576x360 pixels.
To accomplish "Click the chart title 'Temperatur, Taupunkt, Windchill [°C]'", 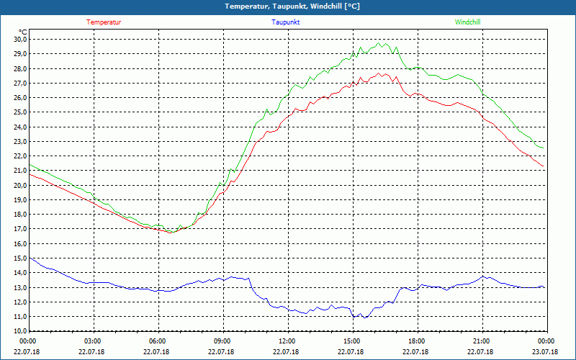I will coord(292,6).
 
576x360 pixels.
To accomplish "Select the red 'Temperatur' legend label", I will coord(104,22).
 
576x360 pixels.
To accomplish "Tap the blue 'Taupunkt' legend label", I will coord(286,22).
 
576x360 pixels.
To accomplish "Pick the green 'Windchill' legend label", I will coord(468,22).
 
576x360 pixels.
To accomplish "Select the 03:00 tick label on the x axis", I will coord(93,341).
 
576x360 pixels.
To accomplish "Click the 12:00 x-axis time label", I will coord(287,341).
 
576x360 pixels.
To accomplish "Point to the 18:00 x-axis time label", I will coord(417,341).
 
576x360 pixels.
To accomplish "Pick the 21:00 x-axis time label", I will coord(482,341).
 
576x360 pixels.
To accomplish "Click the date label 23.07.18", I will coord(546,352).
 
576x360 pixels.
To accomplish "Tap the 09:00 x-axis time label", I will coord(222,341).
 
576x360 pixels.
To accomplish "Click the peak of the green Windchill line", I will coord(379,42).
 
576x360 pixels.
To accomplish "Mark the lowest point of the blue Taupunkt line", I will coord(364,318).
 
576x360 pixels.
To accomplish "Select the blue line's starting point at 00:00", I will coord(29,257).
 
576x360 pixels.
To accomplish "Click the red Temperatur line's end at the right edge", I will coord(544,168).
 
